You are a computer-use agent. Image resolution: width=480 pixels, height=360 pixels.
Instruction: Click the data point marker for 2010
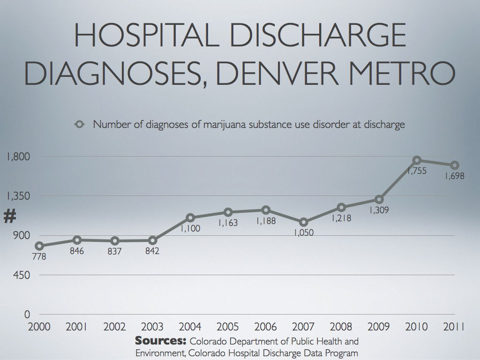click(x=417, y=160)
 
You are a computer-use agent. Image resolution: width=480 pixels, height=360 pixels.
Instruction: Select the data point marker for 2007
click(x=303, y=222)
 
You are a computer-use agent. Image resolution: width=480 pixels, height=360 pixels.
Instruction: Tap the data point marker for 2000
click(x=39, y=246)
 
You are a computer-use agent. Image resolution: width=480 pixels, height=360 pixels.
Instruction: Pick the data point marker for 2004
click(x=190, y=218)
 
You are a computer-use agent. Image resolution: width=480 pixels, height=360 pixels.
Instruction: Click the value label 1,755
click(x=417, y=172)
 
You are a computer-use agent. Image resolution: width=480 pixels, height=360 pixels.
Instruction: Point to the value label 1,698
click(x=454, y=177)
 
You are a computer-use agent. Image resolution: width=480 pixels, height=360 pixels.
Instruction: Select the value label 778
click(x=39, y=257)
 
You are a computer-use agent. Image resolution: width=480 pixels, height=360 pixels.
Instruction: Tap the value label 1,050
click(x=304, y=233)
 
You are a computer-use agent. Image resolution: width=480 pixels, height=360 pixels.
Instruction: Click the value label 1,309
click(x=379, y=210)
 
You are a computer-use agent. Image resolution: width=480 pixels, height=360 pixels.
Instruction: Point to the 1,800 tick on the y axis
click(x=18, y=157)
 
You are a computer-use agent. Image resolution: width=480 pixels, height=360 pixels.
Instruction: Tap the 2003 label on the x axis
click(x=152, y=327)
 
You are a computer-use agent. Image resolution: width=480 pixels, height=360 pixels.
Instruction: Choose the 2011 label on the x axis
click(x=454, y=327)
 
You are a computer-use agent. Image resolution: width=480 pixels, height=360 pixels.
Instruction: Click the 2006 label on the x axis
click(x=266, y=327)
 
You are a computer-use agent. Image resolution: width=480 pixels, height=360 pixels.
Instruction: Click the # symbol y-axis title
click(x=10, y=217)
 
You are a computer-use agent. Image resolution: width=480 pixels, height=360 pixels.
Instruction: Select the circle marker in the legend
click(x=80, y=125)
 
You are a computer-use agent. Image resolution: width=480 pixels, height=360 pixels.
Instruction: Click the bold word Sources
click(x=161, y=341)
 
